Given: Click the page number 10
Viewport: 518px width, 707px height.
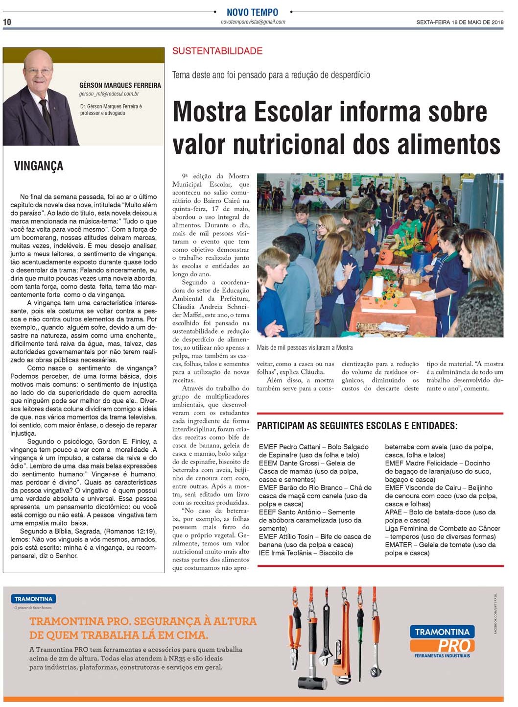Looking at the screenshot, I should [7, 22].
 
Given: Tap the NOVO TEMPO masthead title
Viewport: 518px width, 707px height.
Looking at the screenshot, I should [252, 12].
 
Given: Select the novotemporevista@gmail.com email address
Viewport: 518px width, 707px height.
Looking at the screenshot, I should [253, 22].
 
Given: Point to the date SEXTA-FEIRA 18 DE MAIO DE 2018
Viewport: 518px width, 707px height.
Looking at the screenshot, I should [460, 22].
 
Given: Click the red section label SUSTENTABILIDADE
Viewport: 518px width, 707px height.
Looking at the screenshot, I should [217, 51].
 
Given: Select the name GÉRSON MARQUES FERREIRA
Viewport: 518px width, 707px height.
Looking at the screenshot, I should [120, 85].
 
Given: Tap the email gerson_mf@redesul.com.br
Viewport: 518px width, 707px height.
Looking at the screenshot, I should [109, 94].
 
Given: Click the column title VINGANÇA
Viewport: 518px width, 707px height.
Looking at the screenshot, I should [39, 166].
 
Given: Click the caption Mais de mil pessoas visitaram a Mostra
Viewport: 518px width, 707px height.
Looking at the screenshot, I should [305, 347].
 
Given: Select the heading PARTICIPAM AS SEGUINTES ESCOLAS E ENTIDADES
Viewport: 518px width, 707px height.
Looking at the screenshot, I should [357, 426].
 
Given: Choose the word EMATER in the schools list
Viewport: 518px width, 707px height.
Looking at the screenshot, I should [399, 545].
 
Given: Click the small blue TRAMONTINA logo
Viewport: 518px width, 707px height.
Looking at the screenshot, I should [33, 599].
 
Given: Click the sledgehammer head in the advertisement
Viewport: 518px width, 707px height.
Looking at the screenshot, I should [313, 682].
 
